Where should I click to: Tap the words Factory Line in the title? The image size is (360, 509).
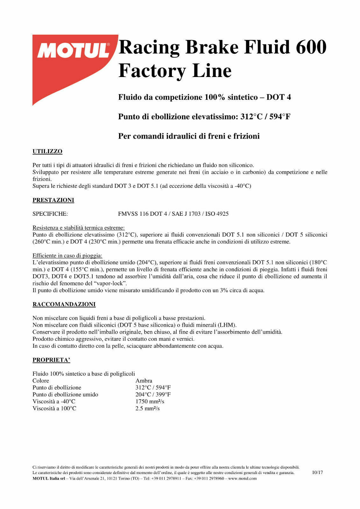[175, 71]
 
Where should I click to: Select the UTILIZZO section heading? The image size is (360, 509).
[47, 151]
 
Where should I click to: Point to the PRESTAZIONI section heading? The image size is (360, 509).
[53, 200]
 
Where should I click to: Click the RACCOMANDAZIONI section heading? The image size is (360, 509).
[64, 304]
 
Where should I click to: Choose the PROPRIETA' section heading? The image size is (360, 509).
[51, 360]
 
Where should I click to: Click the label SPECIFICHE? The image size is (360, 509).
[50, 214]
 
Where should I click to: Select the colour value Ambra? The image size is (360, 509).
[144, 381]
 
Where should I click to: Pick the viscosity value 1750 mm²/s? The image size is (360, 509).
[150, 401]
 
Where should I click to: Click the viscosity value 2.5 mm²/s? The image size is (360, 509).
[147, 408]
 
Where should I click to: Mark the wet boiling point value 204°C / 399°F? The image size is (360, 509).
[153, 394]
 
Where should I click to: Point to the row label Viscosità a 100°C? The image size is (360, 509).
[54, 408]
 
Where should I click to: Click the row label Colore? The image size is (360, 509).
[41, 381]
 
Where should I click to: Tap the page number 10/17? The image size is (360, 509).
[317, 472]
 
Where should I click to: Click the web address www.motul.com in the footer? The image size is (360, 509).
[242, 478]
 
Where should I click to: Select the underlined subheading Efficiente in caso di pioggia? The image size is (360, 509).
[67, 256]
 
